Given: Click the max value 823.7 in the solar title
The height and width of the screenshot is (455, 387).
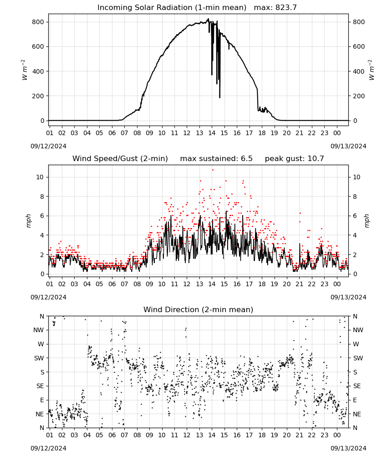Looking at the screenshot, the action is [x=286, y=7].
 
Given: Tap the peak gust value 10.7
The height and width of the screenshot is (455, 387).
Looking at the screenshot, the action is [x=315, y=158].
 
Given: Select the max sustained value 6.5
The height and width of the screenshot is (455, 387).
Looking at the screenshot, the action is [x=246, y=158].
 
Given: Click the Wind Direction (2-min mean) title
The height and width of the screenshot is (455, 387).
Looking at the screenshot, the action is [x=199, y=309].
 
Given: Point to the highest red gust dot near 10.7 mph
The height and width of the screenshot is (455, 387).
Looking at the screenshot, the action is [x=213, y=170].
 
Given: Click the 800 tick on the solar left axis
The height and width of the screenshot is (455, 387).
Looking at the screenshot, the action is [x=38, y=22].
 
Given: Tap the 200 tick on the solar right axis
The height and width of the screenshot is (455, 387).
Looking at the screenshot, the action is [x=359, y=96].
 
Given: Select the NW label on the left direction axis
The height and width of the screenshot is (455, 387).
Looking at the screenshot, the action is [x=39, y=330].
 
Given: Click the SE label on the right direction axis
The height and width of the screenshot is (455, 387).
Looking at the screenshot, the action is [x=357, y=386].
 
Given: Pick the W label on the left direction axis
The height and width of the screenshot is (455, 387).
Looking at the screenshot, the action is [x=41, y=344].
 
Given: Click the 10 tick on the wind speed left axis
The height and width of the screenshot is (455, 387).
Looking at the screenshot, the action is [x=40, y=177].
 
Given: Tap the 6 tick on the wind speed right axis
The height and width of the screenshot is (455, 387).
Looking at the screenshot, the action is [x=355, y=216].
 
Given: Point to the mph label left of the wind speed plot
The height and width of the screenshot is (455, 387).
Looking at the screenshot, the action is [x=28, y=221].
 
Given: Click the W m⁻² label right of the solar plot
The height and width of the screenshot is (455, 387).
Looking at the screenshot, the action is [x=372, y=70].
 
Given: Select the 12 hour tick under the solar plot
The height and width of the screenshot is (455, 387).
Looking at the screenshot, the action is [x=187, y=133].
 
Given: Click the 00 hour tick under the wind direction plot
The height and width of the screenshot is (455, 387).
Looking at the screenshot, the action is [x=337, y=435].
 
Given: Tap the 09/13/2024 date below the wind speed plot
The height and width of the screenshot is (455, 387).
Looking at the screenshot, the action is [x=348, y=297].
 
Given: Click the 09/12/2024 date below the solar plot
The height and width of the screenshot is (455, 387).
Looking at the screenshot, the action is [x=48, y=146].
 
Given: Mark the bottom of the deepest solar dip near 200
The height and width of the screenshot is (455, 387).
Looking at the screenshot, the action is [x=220, y=98].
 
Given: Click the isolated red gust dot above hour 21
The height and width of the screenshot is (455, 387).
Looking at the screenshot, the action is [x=300, y=213].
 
